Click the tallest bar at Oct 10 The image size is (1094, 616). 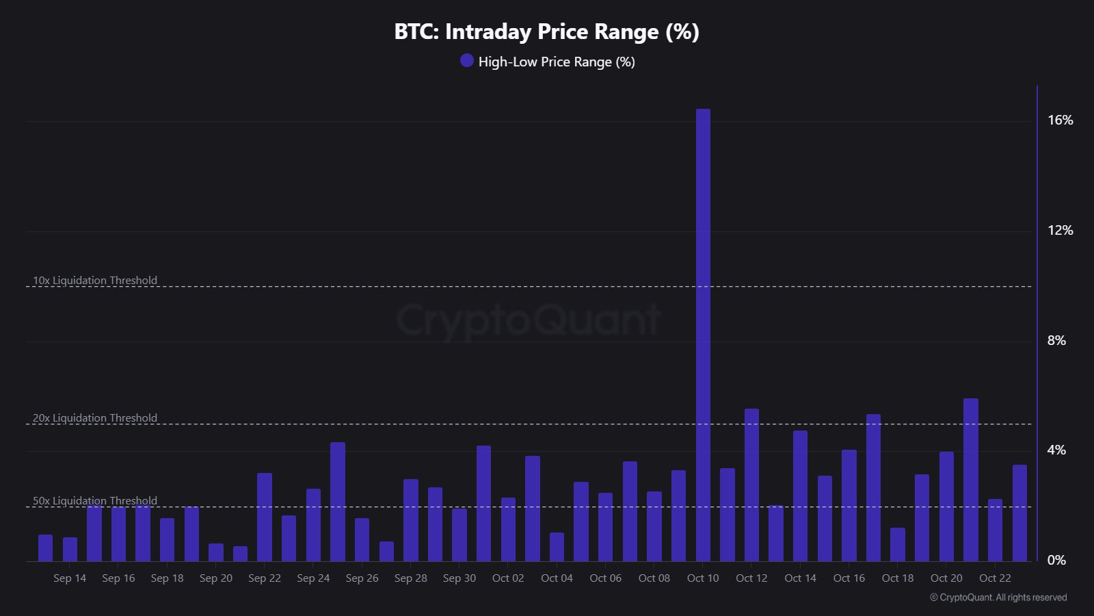[703, 335]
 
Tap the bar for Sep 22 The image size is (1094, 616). [265, 517]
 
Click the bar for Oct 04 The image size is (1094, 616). [557, 547]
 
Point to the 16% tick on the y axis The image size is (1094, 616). [1060, 120]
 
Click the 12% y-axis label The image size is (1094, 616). [1060, 231]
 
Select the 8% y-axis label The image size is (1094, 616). [1056, 341]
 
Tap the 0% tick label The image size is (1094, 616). [1056, 561]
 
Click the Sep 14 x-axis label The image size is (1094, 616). [70, 578]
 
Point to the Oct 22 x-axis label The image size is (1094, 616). [995, 578]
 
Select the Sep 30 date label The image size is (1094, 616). [459, 578]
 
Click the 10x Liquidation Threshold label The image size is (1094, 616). [95, 281]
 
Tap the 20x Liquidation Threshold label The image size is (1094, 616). [95, 418]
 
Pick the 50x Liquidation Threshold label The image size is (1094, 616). [95, 501]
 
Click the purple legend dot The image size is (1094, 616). [467, 61]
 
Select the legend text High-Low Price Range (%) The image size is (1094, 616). [557, 62]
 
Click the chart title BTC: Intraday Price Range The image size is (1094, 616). [547, 31]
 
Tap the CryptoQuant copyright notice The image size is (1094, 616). [998, 598]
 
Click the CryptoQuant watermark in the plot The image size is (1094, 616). [529, 320]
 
